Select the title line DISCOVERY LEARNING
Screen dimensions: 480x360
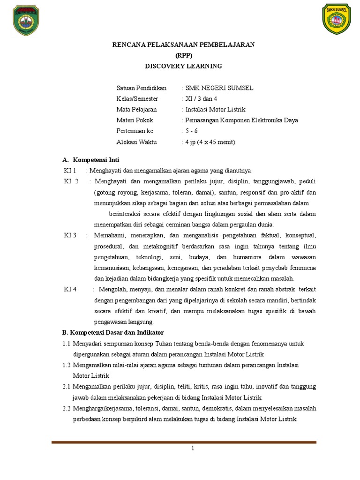183,66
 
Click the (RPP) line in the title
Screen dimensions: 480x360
183,55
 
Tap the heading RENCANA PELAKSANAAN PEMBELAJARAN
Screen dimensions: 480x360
183,45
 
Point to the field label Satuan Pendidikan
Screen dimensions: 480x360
141,88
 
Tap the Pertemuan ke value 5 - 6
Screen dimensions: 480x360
192,131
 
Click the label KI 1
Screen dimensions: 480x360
70,171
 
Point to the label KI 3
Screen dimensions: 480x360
70,235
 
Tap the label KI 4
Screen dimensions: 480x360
70,289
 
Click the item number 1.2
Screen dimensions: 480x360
66,365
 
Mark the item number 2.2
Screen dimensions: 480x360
66,408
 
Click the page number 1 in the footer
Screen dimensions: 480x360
192,448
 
